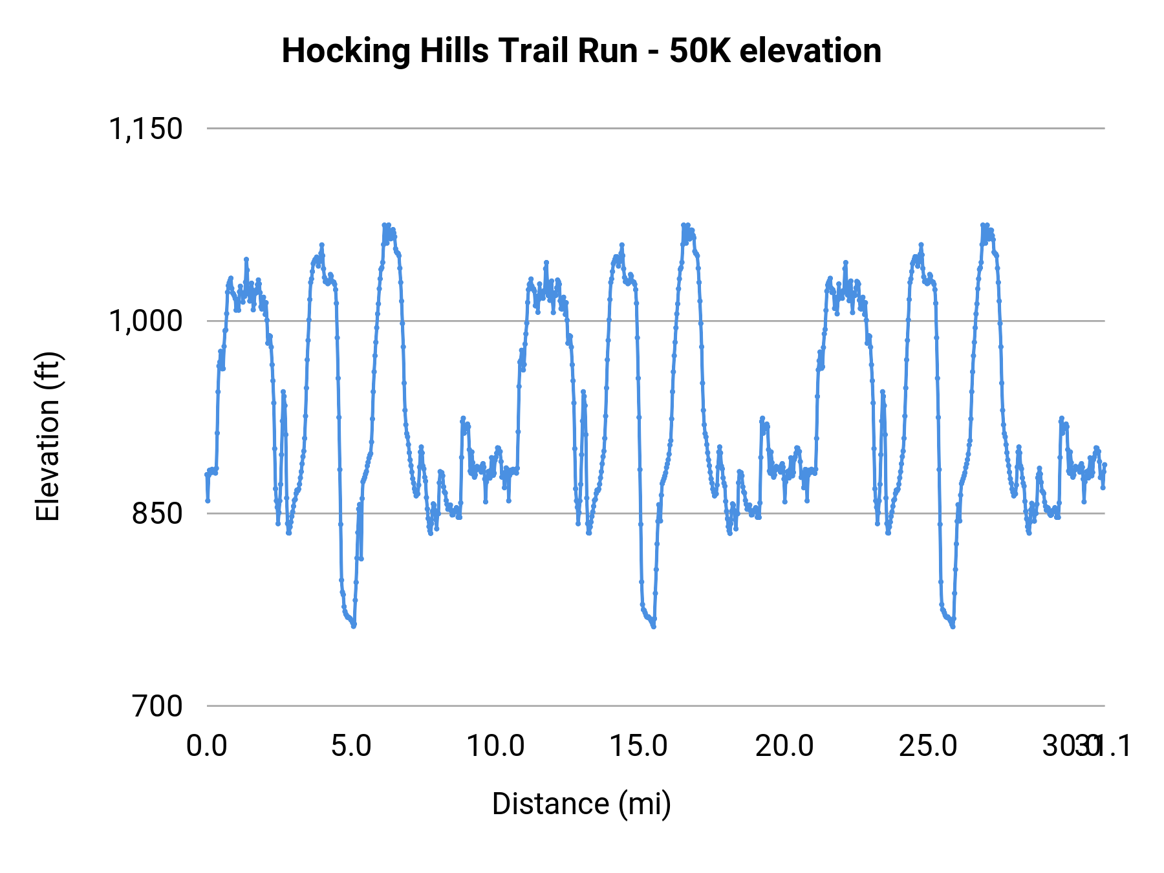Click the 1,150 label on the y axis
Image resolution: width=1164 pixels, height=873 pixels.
pyautogui.click(x=145, y=129)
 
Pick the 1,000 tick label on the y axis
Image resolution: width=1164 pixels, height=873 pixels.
pyautogui.click(x=145, y=321)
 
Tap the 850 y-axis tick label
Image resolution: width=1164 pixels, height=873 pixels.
pyautogui.click(x=157, y=514)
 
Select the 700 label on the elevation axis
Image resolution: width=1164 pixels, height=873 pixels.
pyautogui.click(x=157, y=706)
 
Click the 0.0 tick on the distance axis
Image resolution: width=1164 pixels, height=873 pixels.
pyautogui.click(x=207, y=746)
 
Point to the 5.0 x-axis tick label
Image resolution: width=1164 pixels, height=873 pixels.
pyautogui.click(x=351, y=746)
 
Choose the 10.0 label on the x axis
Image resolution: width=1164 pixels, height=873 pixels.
pyautogui.click(x=495, y=746)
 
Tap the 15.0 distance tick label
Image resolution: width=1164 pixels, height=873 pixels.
pyautogui.click(x=640, y=746)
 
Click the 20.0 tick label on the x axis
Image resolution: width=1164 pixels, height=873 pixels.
pyautogui.click(x=784, y=746)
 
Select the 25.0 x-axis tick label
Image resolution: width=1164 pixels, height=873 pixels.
pyautogui.click(x=929, y=746)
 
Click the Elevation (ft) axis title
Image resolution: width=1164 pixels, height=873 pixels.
pyautogui.click(x=48, y=437)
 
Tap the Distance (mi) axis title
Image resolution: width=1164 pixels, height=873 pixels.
pyautogui.click(x=581, y=804)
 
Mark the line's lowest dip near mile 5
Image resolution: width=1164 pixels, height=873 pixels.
pyautogui.click(x=354, y=626)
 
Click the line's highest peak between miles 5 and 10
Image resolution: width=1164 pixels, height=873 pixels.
pyautogui.click(x=384, y=225)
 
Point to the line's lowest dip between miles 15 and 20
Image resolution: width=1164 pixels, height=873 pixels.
pyautogui.click(x=654, y=626)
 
